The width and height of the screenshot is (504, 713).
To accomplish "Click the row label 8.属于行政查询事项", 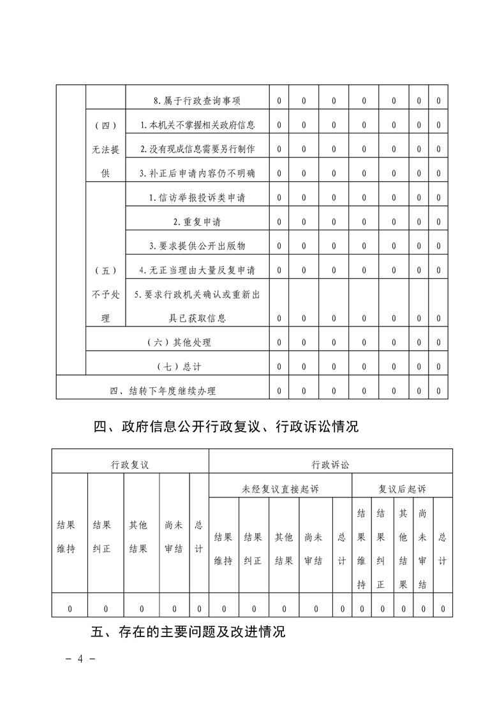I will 197,101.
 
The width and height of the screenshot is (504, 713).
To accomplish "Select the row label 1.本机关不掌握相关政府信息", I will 197,125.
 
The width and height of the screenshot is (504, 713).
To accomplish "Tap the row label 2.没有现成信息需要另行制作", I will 197,149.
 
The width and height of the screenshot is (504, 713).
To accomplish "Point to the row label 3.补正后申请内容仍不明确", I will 197,173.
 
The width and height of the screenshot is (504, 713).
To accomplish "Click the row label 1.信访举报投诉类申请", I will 197,198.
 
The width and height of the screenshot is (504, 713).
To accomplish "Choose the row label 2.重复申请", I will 197,222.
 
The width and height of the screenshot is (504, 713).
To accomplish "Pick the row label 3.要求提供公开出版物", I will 197,246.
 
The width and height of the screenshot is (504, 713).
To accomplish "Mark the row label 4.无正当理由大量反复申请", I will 197,270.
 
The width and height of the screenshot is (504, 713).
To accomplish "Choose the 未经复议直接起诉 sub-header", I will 280,489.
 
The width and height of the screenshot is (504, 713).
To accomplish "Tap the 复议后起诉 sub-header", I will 402,489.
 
